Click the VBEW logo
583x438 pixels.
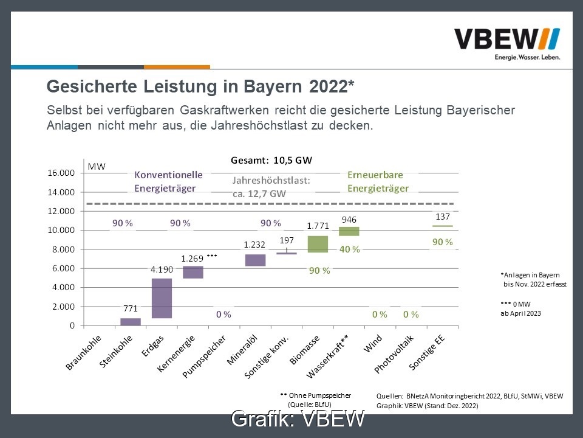(507, 44)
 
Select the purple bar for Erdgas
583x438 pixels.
(162, 298)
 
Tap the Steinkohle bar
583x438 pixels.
(130, 322)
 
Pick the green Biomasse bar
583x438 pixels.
(318, 244)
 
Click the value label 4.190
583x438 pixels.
(162, 268)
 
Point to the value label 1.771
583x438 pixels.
(318, 226)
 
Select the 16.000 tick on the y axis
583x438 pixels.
(61, 173)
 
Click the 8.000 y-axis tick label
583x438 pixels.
(63, 249)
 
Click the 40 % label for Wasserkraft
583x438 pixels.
(349, 249)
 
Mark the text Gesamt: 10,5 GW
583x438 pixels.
(271, 161)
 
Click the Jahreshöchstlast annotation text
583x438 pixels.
(271, 187)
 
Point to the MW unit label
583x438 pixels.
(96, 166)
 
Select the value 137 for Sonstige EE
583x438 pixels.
(442, 217)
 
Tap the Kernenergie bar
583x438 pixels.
(193, 272)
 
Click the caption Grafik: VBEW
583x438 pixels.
(298, 419)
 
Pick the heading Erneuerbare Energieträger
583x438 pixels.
(378, 181)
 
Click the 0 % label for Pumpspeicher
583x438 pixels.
(223, 315)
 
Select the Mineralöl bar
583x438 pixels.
(255, 260)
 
